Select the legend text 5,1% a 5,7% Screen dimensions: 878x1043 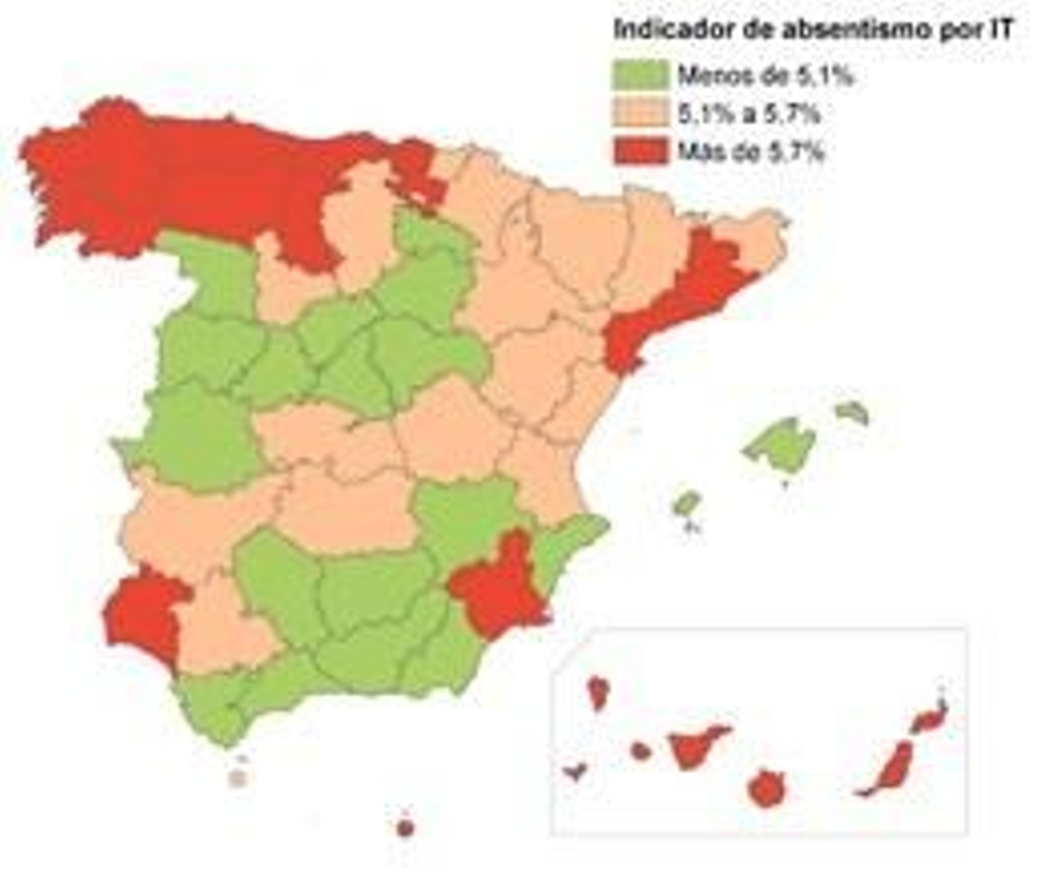tap(748, 114)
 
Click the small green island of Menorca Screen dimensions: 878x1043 tap(853, 411)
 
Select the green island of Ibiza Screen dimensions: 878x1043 tap(686, 503)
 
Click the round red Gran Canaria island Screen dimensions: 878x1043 tap(767, 789)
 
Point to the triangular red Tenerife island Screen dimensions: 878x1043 tap(694, 746)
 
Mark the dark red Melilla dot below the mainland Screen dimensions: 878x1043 tap(405, 828)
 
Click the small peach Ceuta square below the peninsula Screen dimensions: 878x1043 tap(239, 778)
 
